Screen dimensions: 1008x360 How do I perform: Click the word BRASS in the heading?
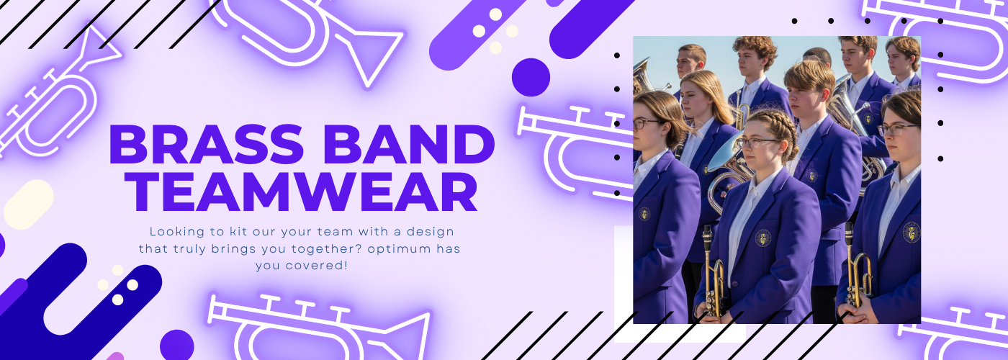[x=206, y=144]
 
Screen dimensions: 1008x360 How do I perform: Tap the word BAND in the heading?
[x=409, y=144]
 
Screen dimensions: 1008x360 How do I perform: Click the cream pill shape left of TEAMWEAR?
[x=29, y=204]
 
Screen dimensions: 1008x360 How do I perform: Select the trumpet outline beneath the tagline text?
[x=315, y=328]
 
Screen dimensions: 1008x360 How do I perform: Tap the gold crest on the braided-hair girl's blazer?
[x=763, y=238]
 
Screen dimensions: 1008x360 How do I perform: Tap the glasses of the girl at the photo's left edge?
[x=647, y=124]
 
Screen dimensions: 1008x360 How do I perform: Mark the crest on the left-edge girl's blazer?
[x=644, y=214]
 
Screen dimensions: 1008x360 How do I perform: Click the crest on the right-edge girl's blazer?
[x=912, y=232]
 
